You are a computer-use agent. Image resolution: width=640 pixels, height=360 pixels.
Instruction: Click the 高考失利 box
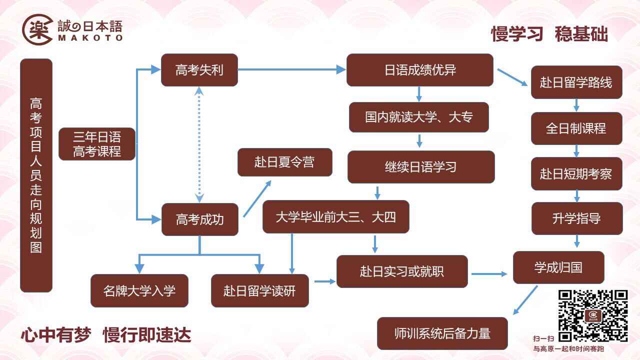(199, 70)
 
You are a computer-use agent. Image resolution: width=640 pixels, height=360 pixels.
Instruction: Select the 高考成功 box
(200, 219)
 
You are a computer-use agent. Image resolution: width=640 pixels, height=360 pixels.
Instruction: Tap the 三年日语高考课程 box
(97, 144)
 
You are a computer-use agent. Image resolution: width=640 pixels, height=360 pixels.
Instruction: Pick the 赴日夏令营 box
(285, 162)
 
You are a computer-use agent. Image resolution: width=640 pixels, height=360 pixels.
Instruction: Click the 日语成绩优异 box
(420, 70)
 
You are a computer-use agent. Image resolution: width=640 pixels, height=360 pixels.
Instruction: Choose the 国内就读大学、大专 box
(419, 117)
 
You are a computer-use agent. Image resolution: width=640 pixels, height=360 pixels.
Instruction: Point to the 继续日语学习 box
(421, 167)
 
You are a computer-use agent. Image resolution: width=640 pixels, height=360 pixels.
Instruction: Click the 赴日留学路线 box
(576, 82)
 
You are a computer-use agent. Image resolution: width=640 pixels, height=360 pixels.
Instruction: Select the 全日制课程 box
(576, 128)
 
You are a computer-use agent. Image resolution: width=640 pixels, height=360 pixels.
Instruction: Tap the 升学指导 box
(577, 218)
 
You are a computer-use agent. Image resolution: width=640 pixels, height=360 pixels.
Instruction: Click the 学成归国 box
(558, 267)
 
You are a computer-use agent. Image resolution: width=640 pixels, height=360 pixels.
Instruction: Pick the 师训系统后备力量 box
(442, 333)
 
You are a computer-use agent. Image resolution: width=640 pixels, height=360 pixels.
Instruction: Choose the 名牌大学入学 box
(139, 291)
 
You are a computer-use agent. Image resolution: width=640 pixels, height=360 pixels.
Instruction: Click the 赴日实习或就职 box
(402, 271)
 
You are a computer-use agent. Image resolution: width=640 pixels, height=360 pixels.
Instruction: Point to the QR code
(593, 316)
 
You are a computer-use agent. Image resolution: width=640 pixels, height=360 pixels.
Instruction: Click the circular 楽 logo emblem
(37, 29)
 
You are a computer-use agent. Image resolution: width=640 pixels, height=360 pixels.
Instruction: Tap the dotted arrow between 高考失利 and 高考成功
(199, 144)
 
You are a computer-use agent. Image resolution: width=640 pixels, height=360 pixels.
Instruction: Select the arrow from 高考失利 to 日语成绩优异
(291, 69)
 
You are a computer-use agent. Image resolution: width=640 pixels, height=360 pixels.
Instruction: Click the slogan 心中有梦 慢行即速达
(106, 335)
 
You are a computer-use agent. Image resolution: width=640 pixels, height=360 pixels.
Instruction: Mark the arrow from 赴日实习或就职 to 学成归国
(489, 274)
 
